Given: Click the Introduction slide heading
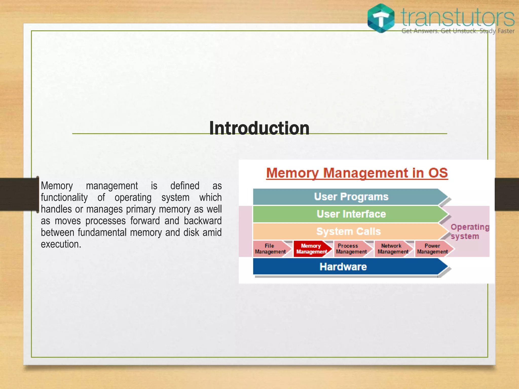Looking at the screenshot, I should pyautogui.click(x=259, y=128).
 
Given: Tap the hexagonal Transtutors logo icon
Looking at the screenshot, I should pyautogui.click(x=381, y=18).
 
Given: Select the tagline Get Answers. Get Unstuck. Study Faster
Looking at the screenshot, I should pyautogui.click(x=458, y=31).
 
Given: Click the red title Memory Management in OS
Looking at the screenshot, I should pyautogui.click(x=357, y=173).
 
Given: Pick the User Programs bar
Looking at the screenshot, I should pyautogui.click(x=351, y=197).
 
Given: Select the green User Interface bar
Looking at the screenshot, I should pyautogui.click(x=351, y=214).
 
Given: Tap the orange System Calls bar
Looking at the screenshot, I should pyautogui.click(x=349, y=231).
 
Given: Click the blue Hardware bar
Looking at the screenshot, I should pyautogui.click(x=343, y=267).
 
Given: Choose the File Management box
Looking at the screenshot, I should pyautogui.click(x=270, y=249).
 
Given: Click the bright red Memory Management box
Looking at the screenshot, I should pyautogui.click(x=311, y=249).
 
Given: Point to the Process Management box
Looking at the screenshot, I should pyautogui.click(x=351, y=249).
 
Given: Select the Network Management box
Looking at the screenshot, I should pyautogui.click(x=393, y=249).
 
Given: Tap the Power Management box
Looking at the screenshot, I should pyautogui.click(x=432, y=249).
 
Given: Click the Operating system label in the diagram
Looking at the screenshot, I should pyautogui.click(x=469, y=231).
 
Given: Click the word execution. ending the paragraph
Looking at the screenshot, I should pyautogui.click(x=61, y=244).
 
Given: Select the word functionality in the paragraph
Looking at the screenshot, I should pyautogui.click(x=64, y=198).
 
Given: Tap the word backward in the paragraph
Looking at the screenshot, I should pyautogui.click(x=202, y=221).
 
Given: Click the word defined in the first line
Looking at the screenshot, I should pyautogui.click(x=185, y=186).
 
